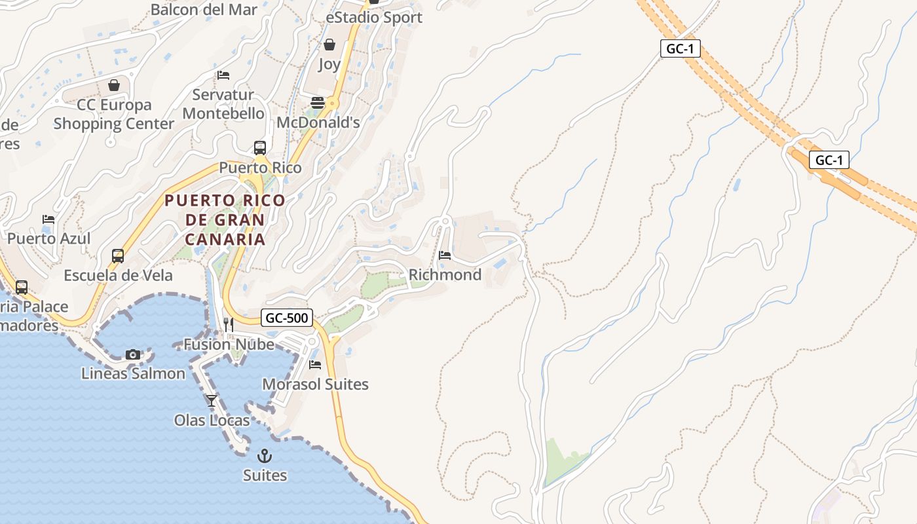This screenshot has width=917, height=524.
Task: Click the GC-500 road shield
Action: (287, 318)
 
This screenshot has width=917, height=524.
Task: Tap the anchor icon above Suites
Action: (265, 455)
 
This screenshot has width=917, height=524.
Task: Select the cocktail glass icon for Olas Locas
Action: (211, 400)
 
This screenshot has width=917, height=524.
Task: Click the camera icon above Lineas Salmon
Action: (133, 354)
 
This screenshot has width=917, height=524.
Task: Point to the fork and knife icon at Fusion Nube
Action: (228, 324)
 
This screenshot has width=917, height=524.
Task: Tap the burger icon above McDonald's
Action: (318, 102)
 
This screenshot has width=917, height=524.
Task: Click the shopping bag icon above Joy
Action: (329, 45)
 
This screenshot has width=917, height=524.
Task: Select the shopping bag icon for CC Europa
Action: (114, 85)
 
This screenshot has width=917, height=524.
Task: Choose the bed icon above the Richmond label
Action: (445, 255)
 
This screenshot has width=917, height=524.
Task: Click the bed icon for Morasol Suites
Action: (315, 364)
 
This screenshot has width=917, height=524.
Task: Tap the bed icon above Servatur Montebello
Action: (223, 75)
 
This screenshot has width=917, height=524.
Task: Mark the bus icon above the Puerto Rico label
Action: (260, 147)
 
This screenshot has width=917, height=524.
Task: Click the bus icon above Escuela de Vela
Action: (118, 255)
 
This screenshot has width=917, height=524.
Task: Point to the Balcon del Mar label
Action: (204, 9)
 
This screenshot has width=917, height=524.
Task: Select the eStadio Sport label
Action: (374, 18)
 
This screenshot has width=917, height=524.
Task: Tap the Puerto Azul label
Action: (49, 238)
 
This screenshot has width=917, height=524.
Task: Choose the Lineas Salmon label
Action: (133, 373)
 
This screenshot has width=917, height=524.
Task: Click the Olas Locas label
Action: (212, 420)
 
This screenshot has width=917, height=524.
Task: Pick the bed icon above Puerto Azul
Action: (48, 219)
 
